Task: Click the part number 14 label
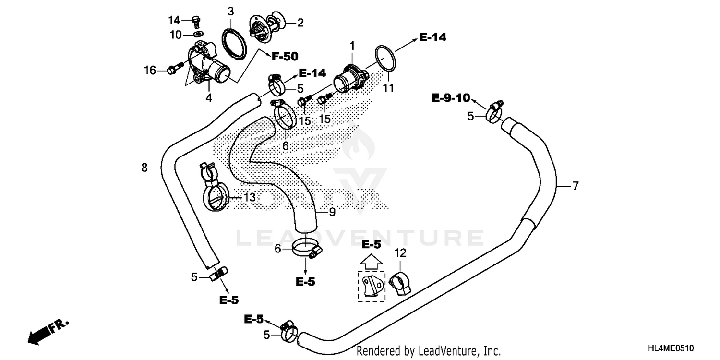click(x=174, y=20)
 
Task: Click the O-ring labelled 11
click(x=385, y=62)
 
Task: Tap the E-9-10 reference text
click(x=450, y=98)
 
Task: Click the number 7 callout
click(x=576, y=185)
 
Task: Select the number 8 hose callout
click(x=144, y=168)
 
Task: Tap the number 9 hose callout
click(x=332, y=211)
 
